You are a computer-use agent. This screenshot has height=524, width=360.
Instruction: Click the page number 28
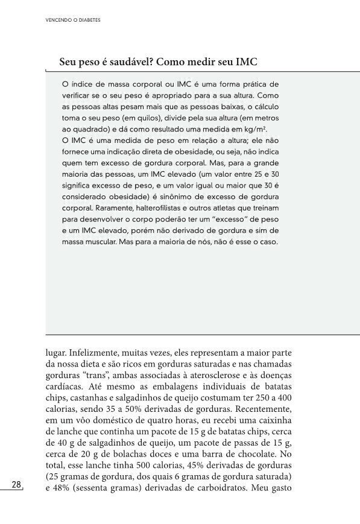16,485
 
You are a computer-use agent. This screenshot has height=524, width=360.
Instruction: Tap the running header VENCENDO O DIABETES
73,19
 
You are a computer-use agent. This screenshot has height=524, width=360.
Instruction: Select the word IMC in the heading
247,62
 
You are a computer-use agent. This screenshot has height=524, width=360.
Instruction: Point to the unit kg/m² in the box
254,130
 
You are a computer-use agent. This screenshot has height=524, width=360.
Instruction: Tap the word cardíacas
63,386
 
